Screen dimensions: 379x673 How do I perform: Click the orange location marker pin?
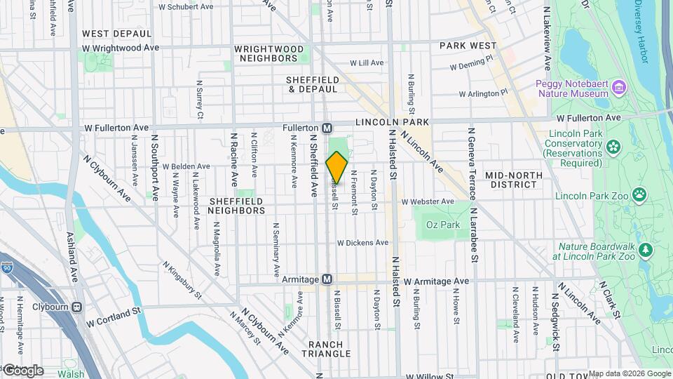[x=337, y=168]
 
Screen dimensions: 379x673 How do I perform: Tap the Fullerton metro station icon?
[x=327, y=128]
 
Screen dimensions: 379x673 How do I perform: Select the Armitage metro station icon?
[x=327, y=279]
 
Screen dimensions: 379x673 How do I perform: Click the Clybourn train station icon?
[x=76, y=307]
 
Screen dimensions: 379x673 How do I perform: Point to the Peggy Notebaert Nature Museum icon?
[x=618, y=87]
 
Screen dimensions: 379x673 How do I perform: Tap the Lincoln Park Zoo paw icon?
[x=639, y=194]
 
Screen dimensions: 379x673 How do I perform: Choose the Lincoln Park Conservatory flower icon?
[x=613, y=147]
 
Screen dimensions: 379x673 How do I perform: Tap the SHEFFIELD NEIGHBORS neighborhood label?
[x=237, y=205]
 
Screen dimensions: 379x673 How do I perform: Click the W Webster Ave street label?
[x=428, y=201]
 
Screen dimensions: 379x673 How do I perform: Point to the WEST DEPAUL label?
[x=116, y=33]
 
